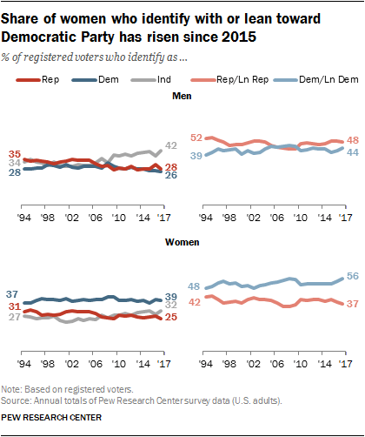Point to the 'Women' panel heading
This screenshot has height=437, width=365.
tap(182, 259)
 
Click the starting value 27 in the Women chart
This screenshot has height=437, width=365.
tap(14, 318)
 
